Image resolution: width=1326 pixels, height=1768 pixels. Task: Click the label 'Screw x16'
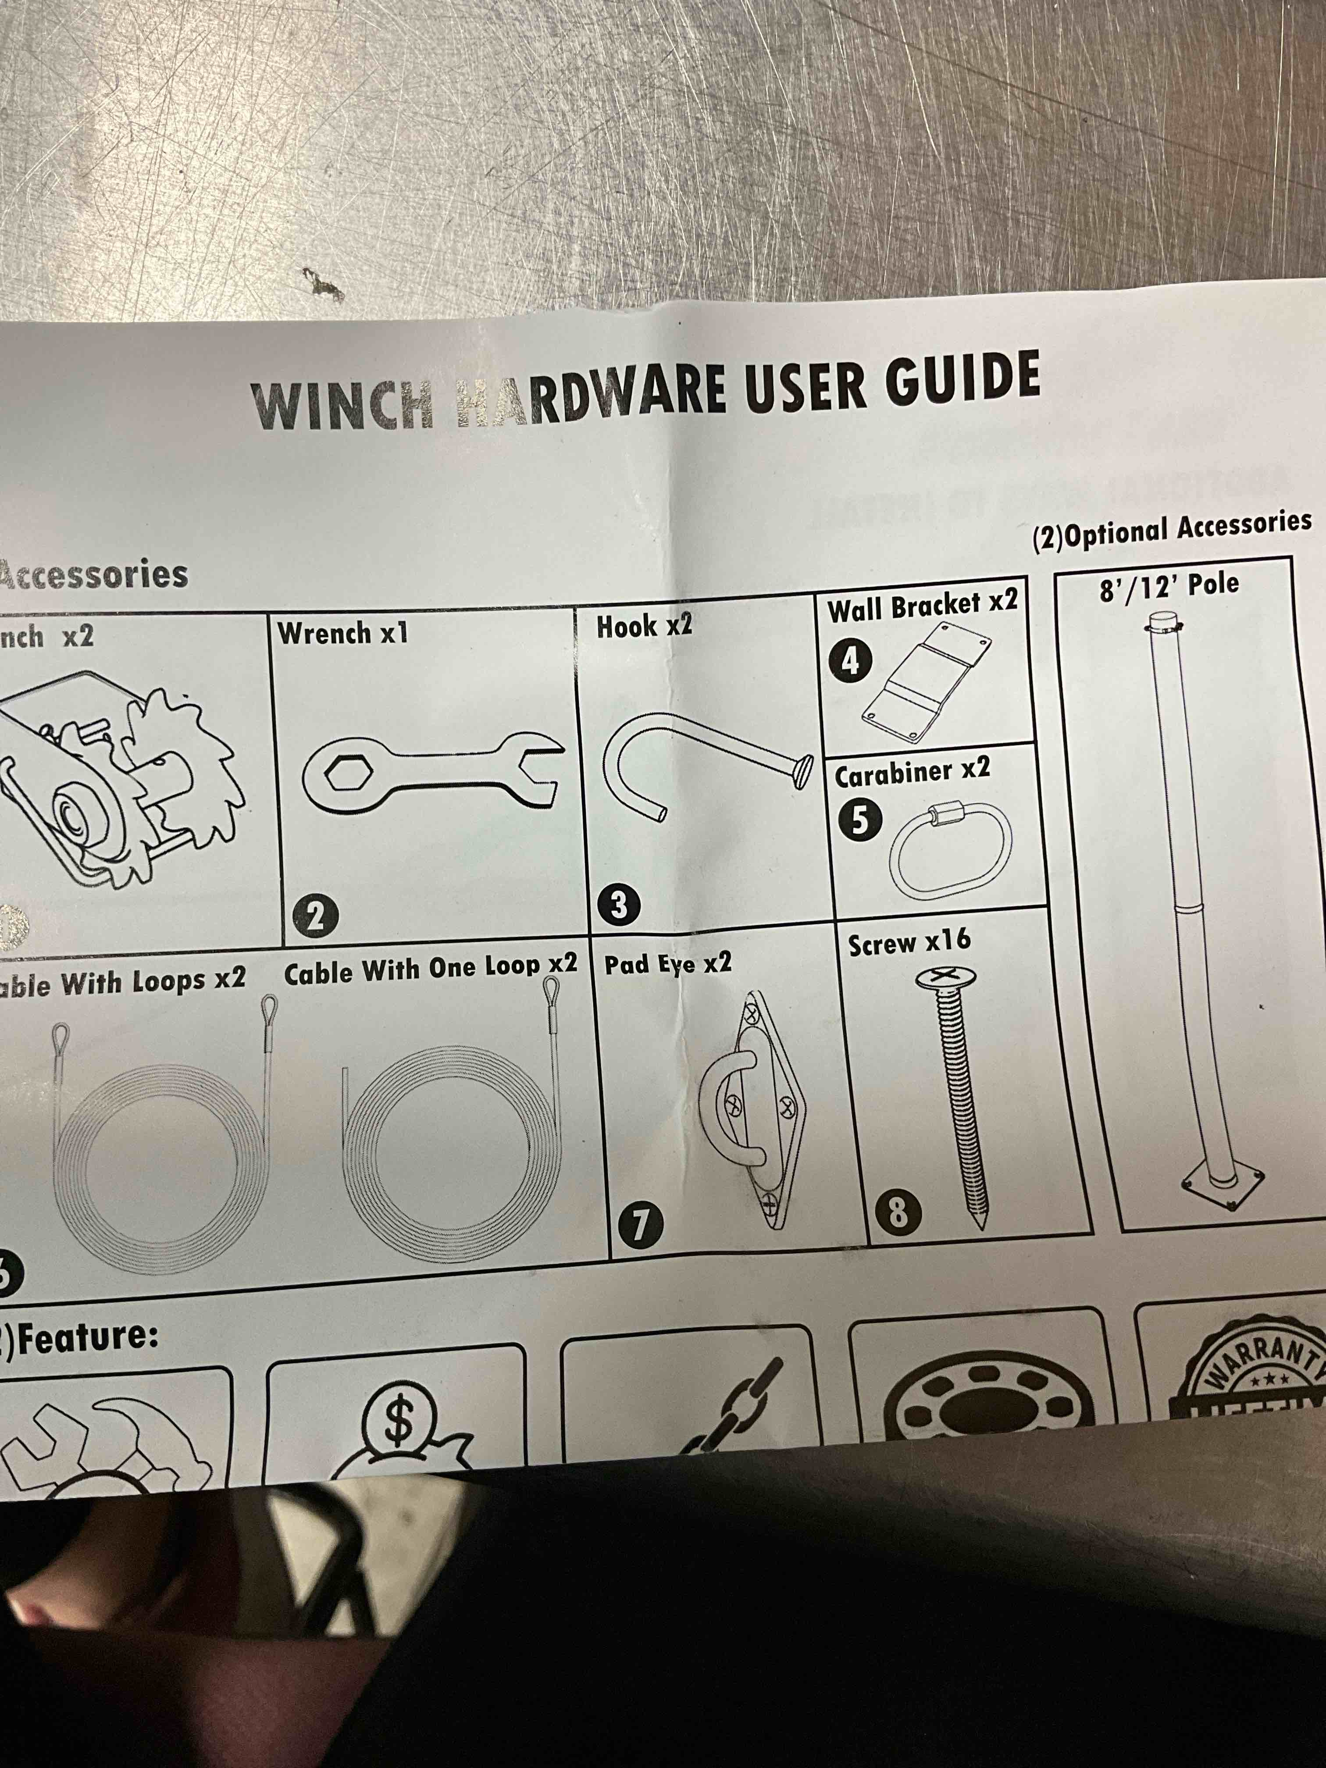(x=909, y=942)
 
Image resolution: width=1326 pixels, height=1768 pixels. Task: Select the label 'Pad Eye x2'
(x=667, y=964)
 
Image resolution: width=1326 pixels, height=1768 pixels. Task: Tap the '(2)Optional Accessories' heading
(x=1172, y=531)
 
